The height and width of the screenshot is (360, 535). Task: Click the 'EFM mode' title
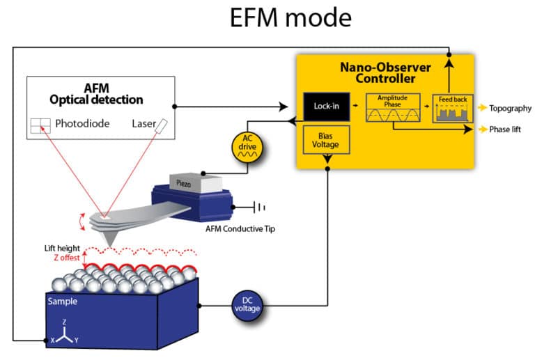pos(291,19)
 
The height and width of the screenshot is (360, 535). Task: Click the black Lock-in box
pos(326,107)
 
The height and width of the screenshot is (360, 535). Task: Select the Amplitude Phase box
pos(391,108)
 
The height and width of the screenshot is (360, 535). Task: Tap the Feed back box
pos(451,109)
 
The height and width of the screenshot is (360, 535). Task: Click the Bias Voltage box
pos(326,139)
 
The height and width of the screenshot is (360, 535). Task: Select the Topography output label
pos(510,108)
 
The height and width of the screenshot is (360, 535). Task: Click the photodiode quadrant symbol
pos(41,126)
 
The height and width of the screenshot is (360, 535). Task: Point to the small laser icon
pos(162,125)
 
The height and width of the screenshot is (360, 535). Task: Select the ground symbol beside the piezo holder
pos(261,207)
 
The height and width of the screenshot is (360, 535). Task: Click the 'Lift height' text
pos(62,248)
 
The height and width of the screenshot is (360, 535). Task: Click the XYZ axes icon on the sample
pos(64,336)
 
